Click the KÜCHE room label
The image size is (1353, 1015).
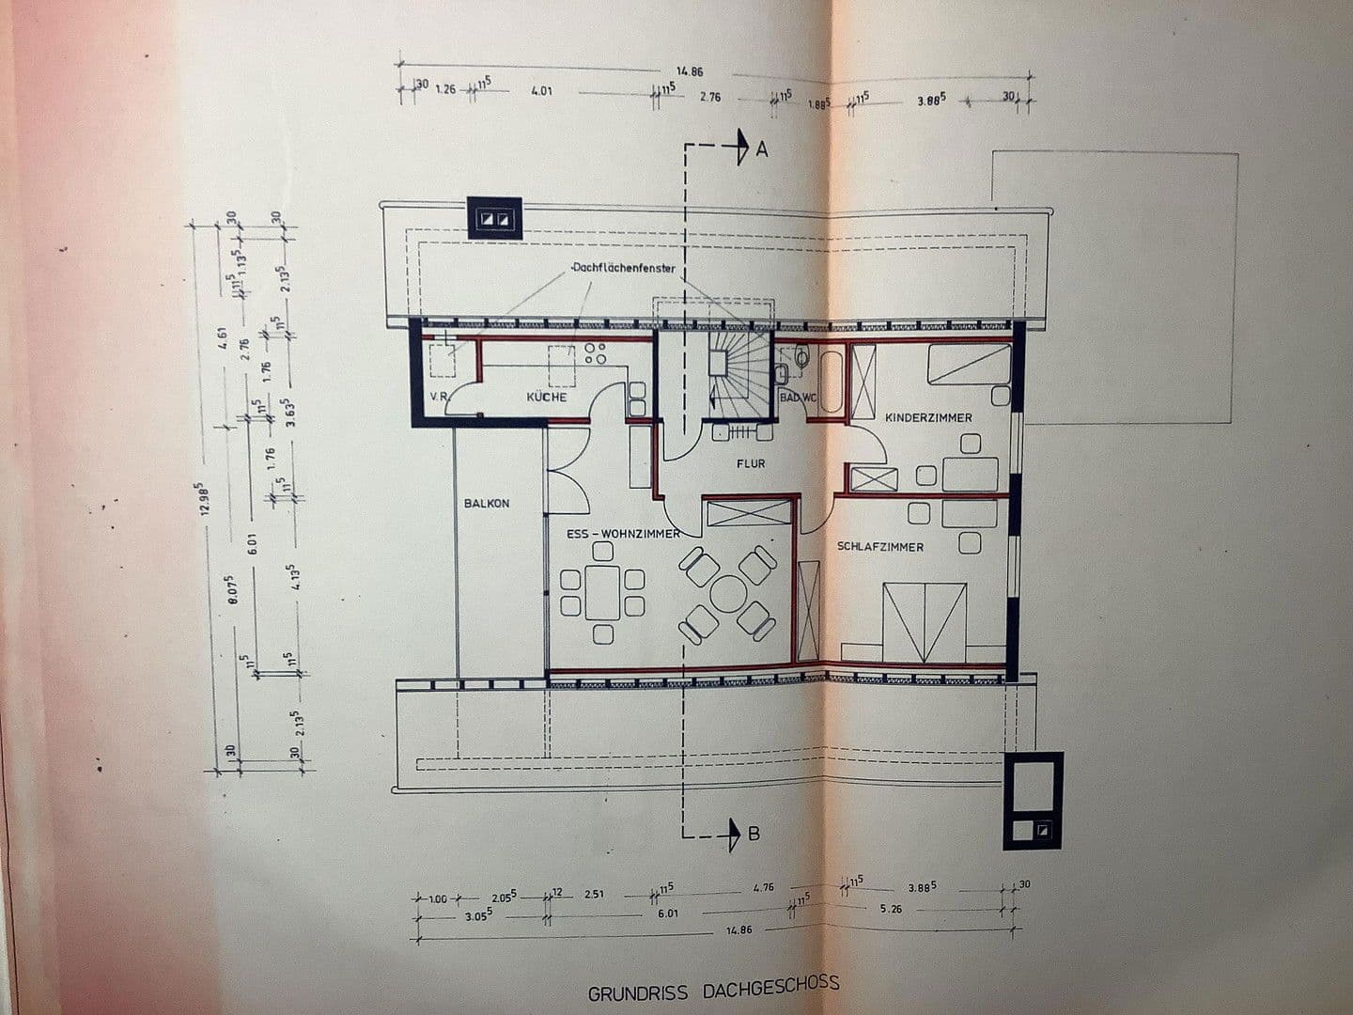pos(546,398)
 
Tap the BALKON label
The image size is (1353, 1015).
pos(487,504)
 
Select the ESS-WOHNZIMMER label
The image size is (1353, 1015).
pos(623,534)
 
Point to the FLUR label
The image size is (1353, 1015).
pos(751,463)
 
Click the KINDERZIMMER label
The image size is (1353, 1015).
pos(927,417)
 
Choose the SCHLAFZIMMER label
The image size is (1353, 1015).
pos(880,547)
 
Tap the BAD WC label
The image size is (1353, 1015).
pos(798,398)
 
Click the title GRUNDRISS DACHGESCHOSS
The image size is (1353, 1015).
pos(714,989)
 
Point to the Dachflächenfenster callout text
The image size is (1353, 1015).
pos(623,269)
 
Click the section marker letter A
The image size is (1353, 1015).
pos(763,148)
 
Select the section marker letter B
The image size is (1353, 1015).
pos(754,833)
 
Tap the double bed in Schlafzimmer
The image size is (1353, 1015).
pos(925,620)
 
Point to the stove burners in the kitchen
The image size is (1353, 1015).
pos(595,352)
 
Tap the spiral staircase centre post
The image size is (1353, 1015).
pos(719,363)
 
